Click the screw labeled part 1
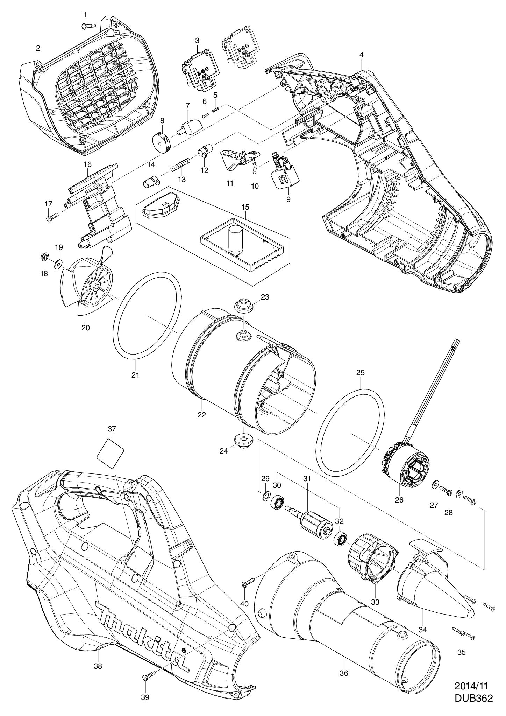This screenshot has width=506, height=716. pyautogui.click(x=89, y=26)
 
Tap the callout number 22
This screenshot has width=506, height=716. pyautogui.click(x=201, y=415)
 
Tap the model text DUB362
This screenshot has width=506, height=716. pyautogui.click(x=473, y=698)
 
